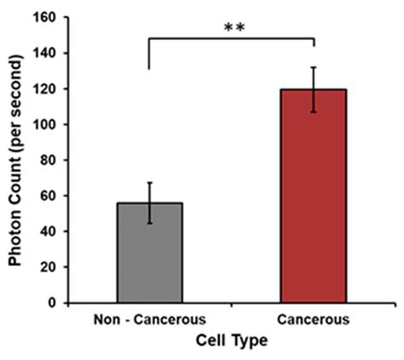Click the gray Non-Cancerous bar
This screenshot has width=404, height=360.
[x=149, y=253]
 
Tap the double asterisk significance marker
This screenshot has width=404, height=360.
[x=234, y=27]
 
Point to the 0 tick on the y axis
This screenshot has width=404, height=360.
[x=51, y=302]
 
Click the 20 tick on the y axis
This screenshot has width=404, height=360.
[x=48, y=266]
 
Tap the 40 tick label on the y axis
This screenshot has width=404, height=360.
[x=48, y=230]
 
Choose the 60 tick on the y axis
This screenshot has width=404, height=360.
[x=48, y=195]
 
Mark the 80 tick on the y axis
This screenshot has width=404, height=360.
[x=48, y=160]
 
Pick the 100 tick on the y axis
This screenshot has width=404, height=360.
[x=44, y=124]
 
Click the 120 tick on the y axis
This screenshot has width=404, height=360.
[x=44, y=89]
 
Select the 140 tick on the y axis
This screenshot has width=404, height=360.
[x=44, y=53]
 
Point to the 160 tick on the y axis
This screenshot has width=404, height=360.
[x=44, y=17]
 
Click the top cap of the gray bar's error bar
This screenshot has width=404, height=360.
[x=149, y=183]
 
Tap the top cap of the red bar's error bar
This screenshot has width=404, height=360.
[x=315, y=67]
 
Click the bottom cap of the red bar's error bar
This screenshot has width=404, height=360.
[x=315, y=112]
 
